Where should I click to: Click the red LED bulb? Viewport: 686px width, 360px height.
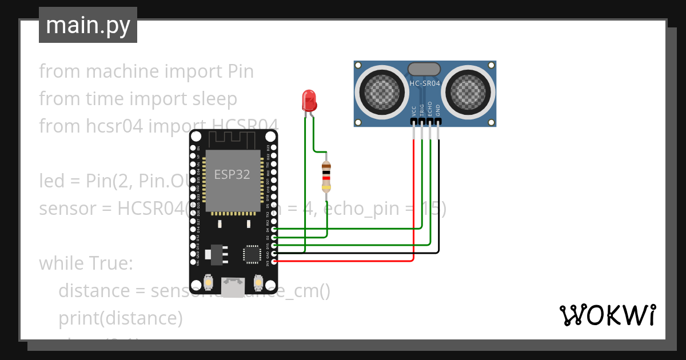click(x=309, y=100)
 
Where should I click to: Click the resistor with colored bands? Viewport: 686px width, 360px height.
click(x=326, y=176)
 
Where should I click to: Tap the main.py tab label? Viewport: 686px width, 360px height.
click(x=88, y=25)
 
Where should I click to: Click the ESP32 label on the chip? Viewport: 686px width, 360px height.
click(x=232, y=174)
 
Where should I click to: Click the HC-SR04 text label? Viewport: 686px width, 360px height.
click(x=425, y=83)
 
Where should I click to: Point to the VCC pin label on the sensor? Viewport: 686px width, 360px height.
click(x=414, y=111)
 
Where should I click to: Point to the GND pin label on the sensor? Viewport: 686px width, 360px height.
click(x=438, y=111)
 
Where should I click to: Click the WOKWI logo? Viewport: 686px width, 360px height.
click(x=607, y=315)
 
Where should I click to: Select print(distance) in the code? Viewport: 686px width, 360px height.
click(x=120, y=318)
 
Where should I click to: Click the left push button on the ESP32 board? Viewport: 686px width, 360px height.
click(x=209, y=282)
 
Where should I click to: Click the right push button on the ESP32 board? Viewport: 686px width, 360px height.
click(x=258, y=282)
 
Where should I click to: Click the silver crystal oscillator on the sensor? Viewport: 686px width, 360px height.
click(x=424, y=69)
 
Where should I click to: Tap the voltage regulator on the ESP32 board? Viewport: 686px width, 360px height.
click(x=216, y=254)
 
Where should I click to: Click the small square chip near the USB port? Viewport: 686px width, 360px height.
click(x=252, y=254)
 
